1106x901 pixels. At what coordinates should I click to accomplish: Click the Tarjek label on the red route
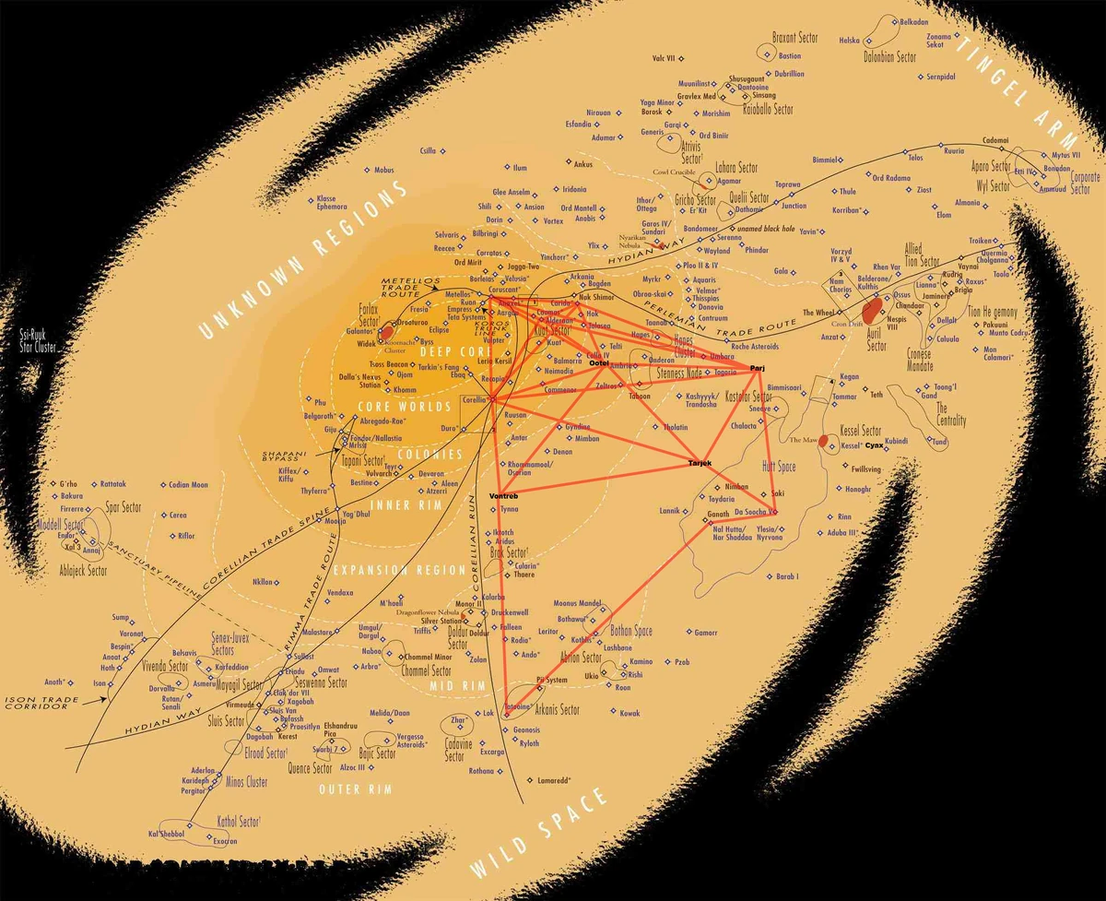701,462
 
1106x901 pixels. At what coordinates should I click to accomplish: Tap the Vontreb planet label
503,497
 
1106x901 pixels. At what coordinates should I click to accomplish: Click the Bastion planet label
790,56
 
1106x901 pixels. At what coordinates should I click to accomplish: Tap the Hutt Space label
779,468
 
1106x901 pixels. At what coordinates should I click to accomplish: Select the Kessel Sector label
861,432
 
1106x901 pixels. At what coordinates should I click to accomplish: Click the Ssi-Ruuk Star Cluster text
40,342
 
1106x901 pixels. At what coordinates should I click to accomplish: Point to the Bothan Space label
630,632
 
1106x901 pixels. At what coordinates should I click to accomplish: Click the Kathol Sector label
238,821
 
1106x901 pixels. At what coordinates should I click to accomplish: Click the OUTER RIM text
355,789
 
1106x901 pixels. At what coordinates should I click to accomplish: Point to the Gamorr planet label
705,633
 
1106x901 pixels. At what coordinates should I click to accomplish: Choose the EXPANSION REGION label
401,570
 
